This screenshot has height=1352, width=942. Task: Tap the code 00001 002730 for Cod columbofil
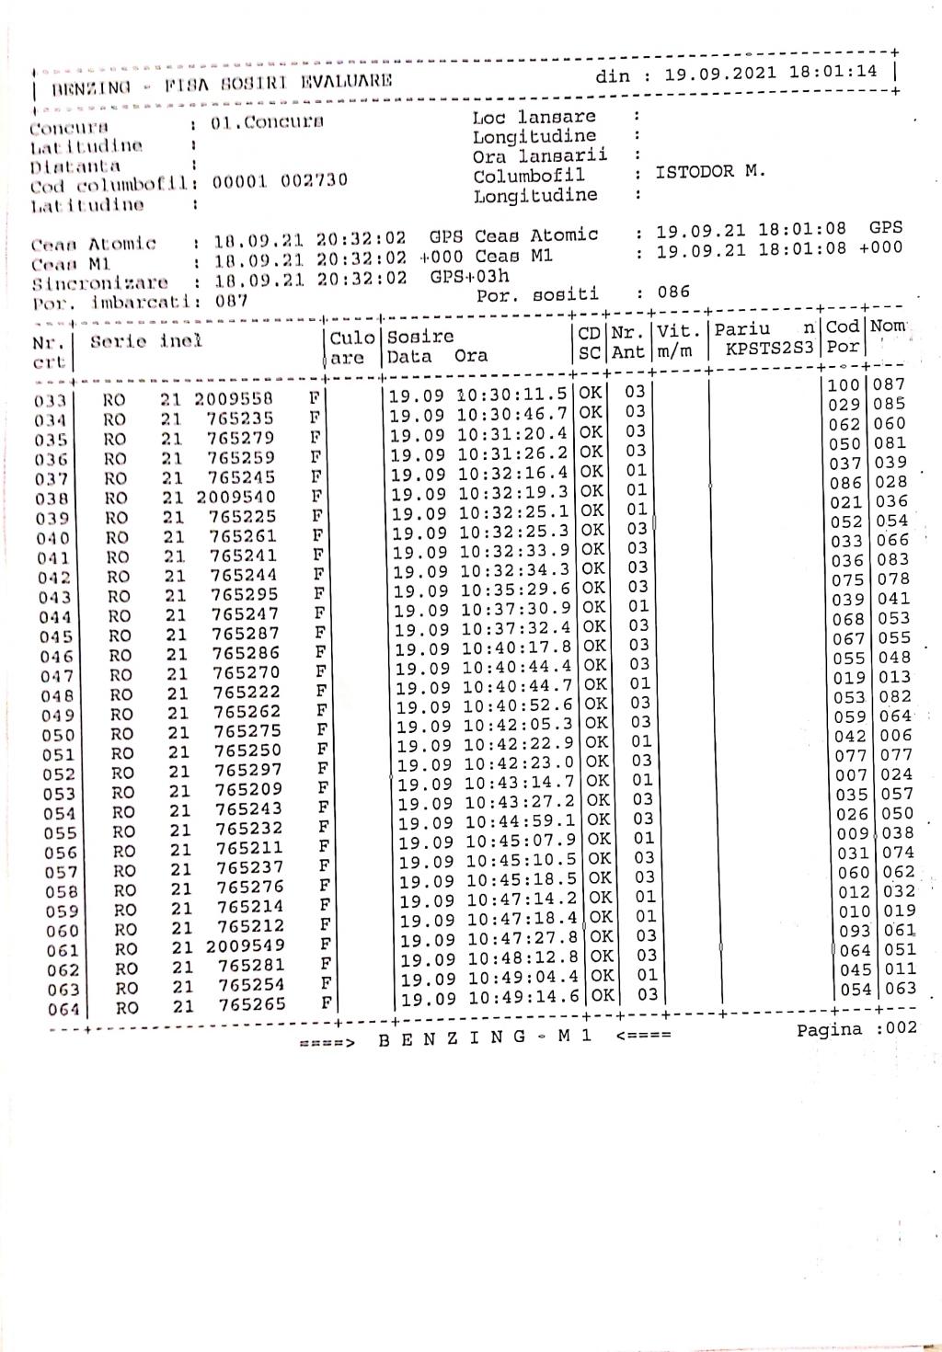tap(280, 180)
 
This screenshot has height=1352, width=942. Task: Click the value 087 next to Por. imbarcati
tap(232, 301)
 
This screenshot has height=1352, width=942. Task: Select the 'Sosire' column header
tap(420, 337)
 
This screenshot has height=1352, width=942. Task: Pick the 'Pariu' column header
tap(742, 329)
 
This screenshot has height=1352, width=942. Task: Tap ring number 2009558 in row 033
tap(233, 399)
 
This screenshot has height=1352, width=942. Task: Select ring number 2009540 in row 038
tap(235, 497)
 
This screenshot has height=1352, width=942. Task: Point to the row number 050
tap(58, 735)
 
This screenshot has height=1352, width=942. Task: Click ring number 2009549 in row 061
tap(245, 946)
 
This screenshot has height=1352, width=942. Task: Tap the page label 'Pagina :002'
tap(856, 1028)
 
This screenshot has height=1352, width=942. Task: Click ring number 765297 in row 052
tap(247, 770)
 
